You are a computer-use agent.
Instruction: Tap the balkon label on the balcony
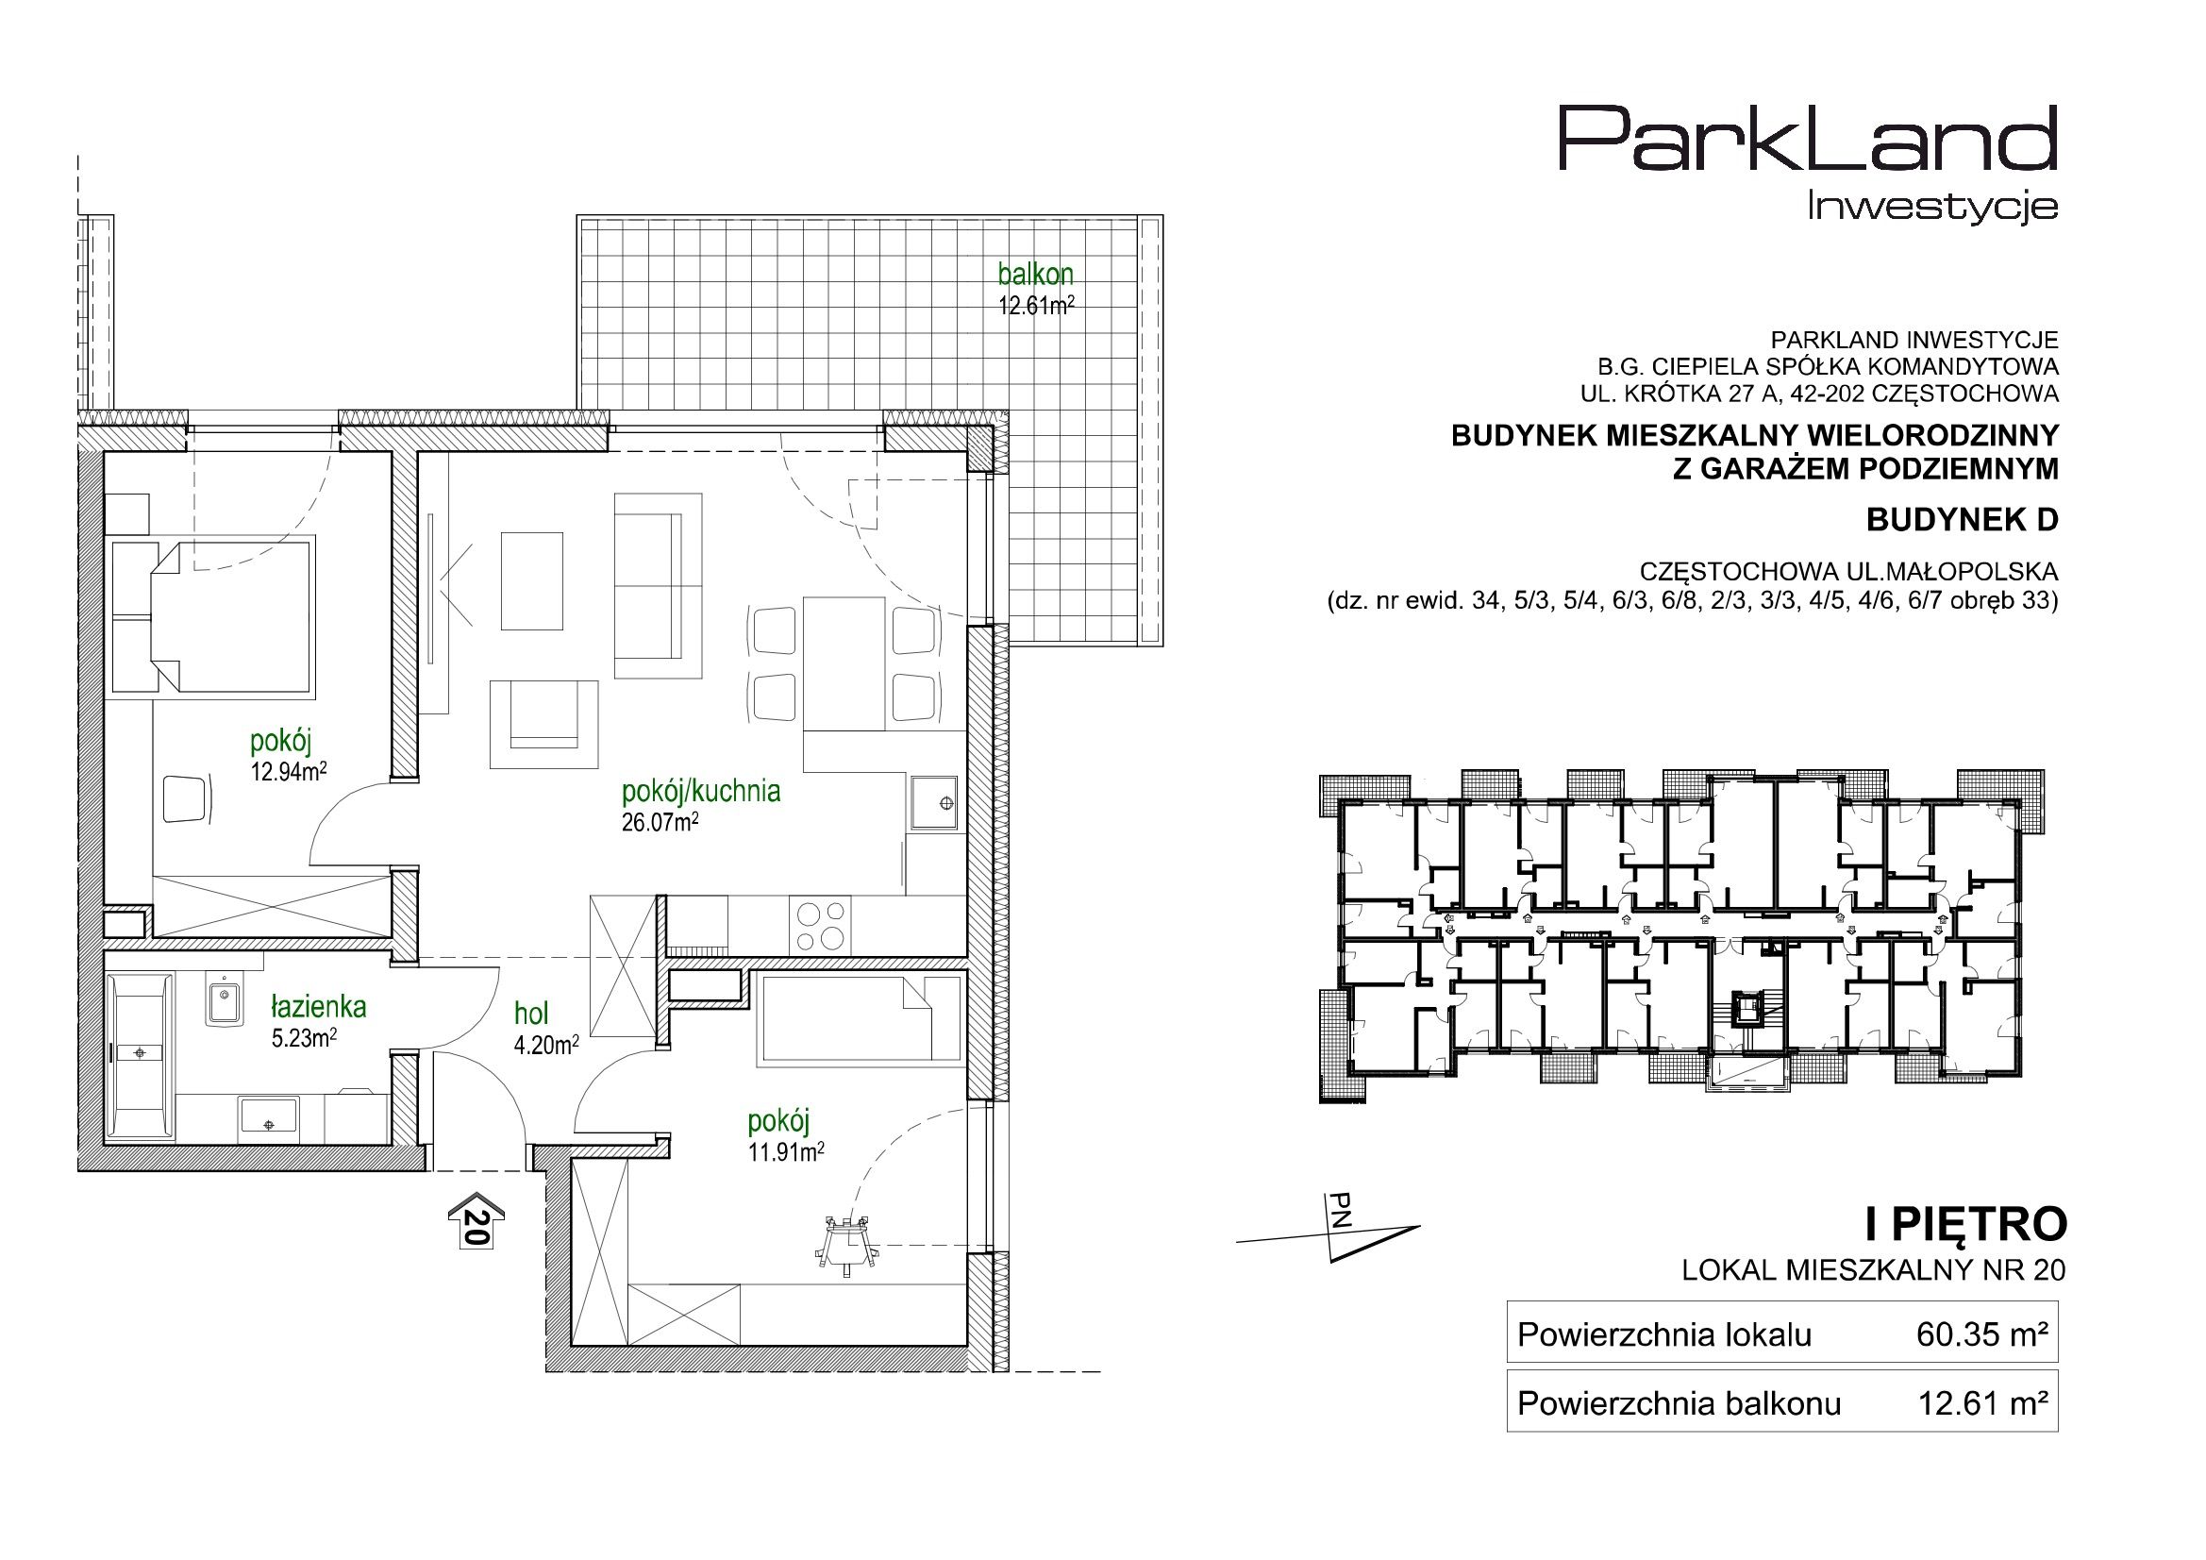point(1035,275)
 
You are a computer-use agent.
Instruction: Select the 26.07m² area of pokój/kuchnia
point(660,822)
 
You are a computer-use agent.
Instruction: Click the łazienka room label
point(318,1006)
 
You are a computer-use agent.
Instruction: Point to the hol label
point(531,1013)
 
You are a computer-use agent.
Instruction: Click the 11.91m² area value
point(786,1151)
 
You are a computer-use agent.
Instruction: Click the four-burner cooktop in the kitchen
point(820,925)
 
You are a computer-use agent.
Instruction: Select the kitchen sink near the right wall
point(934,801)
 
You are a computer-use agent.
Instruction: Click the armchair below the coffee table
point(543,724)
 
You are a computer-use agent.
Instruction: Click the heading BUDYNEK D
point(1962,520)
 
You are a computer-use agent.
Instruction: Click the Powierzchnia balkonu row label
point(1680,1404)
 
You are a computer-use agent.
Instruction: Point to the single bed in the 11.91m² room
point(860,1018)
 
